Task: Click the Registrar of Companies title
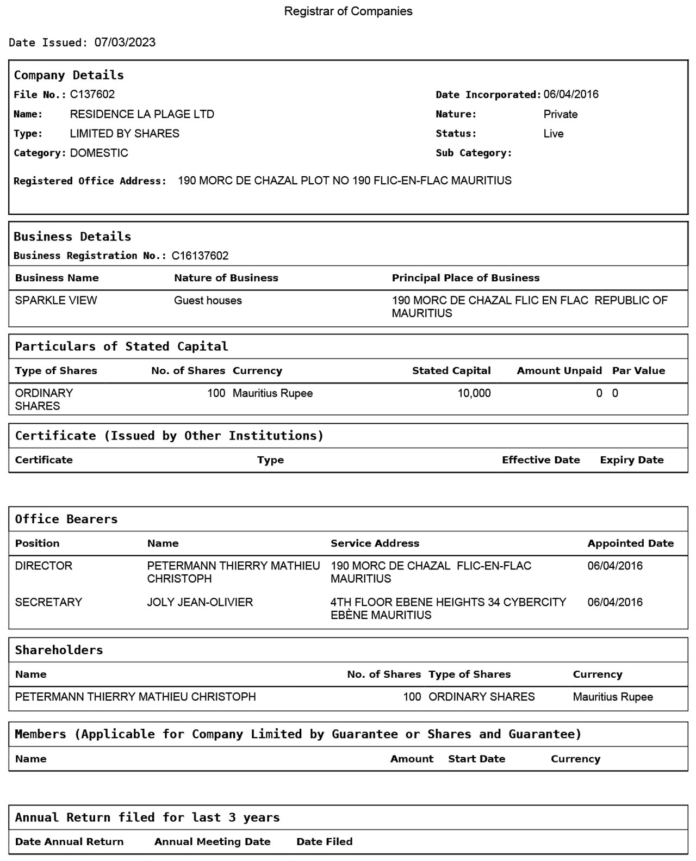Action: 348,11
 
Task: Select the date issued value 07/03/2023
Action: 125,42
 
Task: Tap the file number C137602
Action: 92,95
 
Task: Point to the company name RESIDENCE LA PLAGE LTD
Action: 142,114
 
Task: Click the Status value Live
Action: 553,134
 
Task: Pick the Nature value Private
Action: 560,114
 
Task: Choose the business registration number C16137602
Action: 200,256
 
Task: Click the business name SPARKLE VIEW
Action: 56,300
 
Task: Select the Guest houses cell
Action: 208,300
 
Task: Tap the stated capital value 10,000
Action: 474,393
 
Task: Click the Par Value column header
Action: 638,371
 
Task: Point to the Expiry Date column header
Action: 631,460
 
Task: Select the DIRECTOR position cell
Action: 43,566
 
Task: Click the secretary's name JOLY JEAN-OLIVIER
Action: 200,602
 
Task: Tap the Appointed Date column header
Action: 630,543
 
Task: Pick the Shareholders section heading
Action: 59,650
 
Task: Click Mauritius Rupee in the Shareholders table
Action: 613,697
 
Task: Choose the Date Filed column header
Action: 324,841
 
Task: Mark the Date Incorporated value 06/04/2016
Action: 571,95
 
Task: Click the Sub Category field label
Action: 474,153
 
